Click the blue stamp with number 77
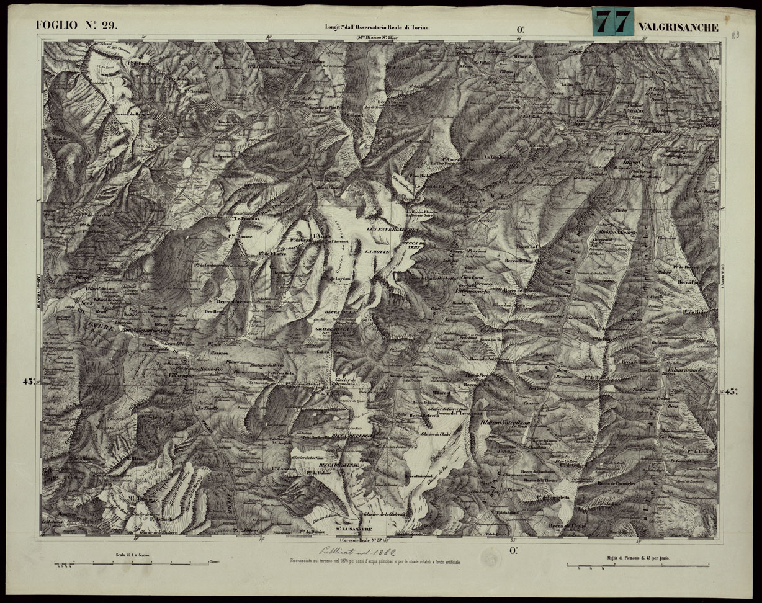click(x=612, y=22)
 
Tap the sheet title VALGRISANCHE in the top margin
click(x=678, y=27)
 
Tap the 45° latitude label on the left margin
click(x=29, y=382)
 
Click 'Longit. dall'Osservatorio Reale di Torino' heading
click(x=377, y=27)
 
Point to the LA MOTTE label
click(x=377, y=252)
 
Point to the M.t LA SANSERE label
click(x=353, y=529)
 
